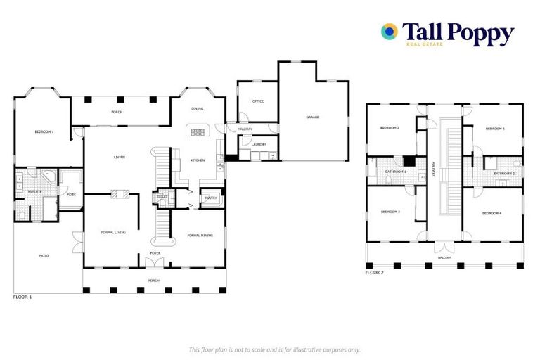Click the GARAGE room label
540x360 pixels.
coord(312,117)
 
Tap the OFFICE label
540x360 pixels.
coord(258,101)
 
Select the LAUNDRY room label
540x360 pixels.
coord(259,145)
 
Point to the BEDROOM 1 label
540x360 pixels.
coord(44,132)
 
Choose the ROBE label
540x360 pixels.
coord(71,195)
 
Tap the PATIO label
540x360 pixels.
coord(44,256)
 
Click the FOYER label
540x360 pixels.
coord(155,253)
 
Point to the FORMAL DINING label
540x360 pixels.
coord(200,235)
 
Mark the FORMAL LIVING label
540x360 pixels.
coord(113,231)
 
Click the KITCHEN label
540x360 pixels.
coord(198,160)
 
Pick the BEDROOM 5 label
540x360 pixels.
coord(495,129)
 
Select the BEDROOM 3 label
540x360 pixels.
coord(390,212)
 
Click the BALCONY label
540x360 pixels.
coord(444,257)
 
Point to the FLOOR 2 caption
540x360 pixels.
coord(375,272)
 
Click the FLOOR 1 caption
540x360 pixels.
coord(22,297)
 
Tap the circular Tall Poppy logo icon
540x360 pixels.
coord(389,31)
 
